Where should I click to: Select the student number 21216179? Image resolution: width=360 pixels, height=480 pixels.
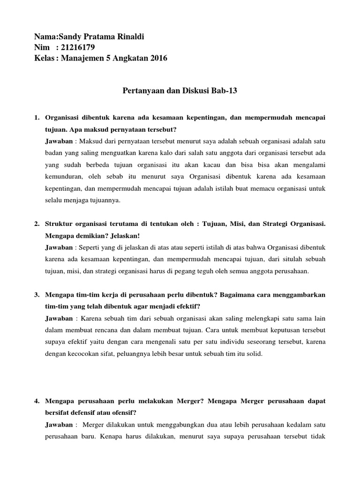78,47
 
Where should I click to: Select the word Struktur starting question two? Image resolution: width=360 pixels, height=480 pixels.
59,224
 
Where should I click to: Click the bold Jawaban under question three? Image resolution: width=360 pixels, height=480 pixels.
59,318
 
